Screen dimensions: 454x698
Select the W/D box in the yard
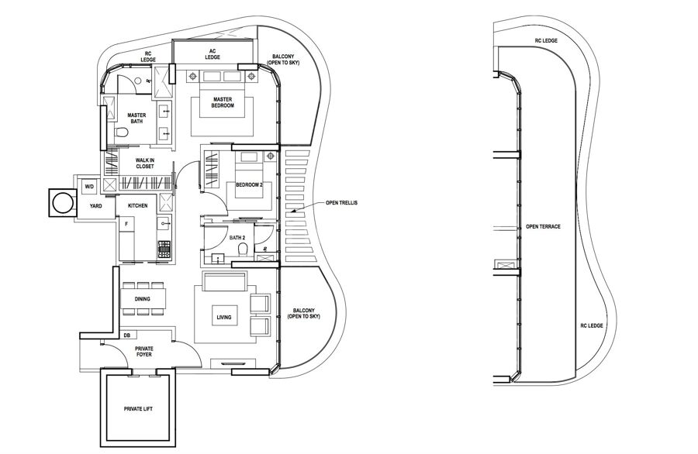pos(88,186)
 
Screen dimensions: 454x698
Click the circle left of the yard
pos(60,204)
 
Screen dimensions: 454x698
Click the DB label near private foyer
pos(126,335)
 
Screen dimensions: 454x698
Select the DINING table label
pos(142,298)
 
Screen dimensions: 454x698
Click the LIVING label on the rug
pos(225,318)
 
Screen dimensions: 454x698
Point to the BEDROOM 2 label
pos(251,185)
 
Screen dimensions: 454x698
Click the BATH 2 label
pos(237,238)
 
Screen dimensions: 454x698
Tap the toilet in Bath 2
pos(243,250)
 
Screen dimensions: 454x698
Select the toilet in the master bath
pos(122,134)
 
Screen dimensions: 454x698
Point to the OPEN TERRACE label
pos(543,227)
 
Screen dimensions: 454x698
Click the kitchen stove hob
pos(164,249)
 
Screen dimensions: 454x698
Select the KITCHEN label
pos(138,205)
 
